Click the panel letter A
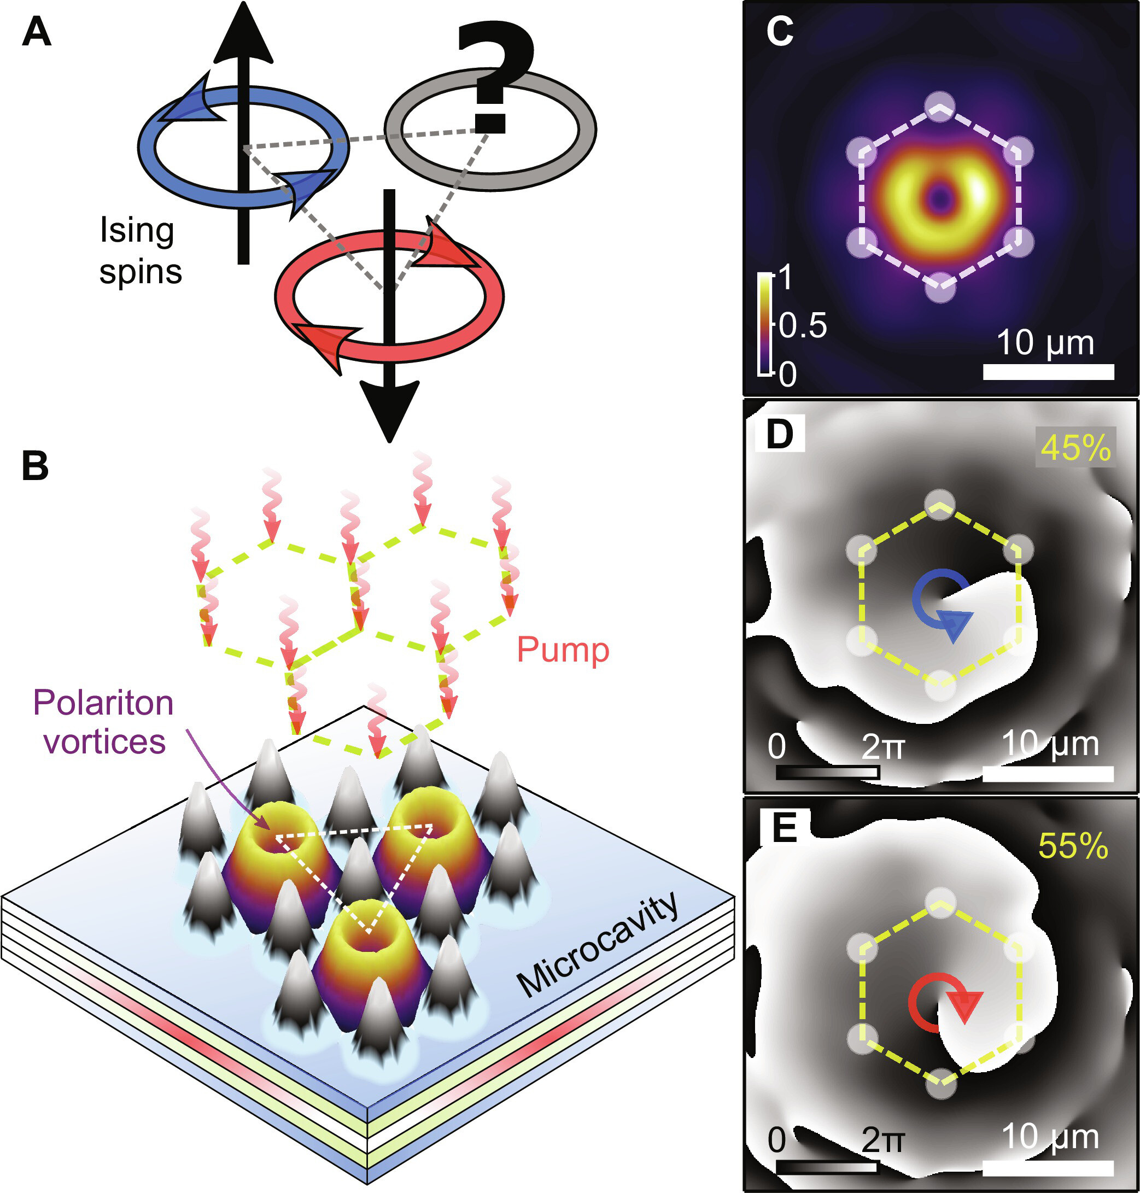[x=36, y=32]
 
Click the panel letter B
[x=34, y=466]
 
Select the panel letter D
[x=780, y=434]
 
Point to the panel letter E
[x=784, y=828]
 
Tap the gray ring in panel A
[x=490, y=129]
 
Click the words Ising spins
[x=140, y=250]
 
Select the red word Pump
[x=562, y=650]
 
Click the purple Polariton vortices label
[x=104, y=722]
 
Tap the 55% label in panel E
[x=1073, y=845]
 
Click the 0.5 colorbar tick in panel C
[x=803, y=326]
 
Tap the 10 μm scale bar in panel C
[x=1048, y=371]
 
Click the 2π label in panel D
[x=882, y=746]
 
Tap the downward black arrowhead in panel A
[x=389, y=408]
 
